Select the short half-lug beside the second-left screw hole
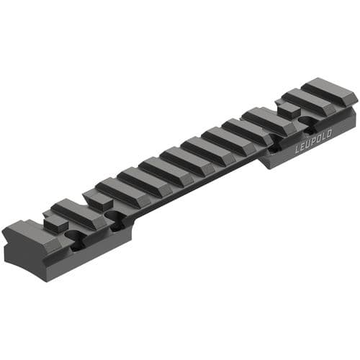coord(97,199)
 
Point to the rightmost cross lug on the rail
coord(328,91)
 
